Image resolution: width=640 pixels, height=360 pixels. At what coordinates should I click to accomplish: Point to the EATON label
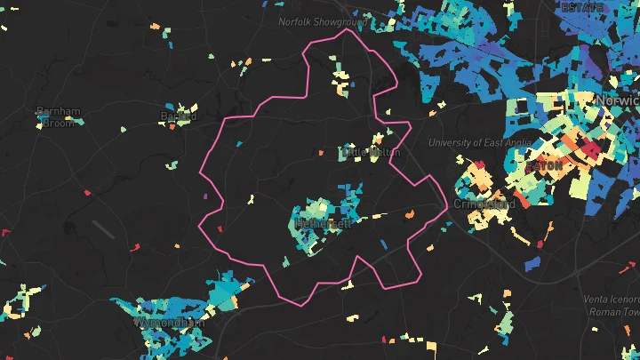pyautogui.click(x=544, y=166)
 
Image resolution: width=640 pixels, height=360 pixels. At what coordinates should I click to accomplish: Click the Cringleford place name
pyautogui.click(x=484, y=204)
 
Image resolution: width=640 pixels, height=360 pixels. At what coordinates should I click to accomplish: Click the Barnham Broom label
pyautogui.click(x=58, y=116)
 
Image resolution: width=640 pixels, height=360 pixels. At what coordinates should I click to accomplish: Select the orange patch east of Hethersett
pyautogui.click(x=409, y=214)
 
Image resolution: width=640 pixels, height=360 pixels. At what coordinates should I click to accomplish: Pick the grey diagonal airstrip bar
pyautogui.click(x=103, y=230)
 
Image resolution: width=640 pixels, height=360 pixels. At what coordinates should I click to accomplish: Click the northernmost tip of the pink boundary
pyautogui.click(x=346, y=29)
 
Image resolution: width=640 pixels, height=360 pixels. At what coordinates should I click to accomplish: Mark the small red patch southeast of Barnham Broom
pyautogui.click(x=87, y=191)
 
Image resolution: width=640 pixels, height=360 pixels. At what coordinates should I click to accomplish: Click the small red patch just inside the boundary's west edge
pyautogui.click(x=220, y=228)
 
